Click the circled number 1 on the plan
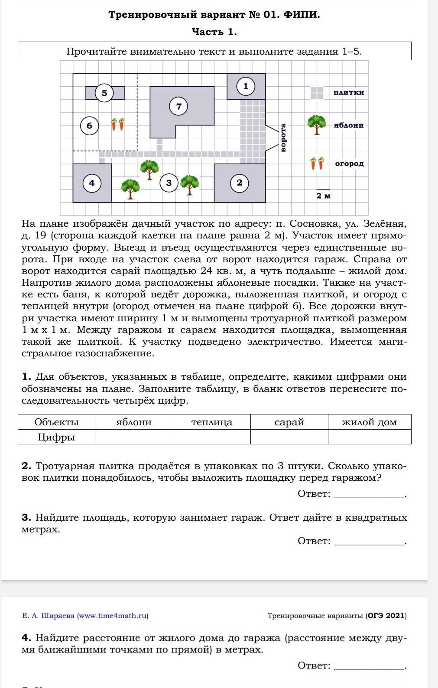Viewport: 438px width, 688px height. tap(246, 86)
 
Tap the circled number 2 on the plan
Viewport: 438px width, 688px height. tap(239, 183)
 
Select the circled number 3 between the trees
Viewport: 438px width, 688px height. tap(169, 183)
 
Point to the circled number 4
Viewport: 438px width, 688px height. tap(92, 183)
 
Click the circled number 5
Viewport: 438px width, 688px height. tap(104, 93)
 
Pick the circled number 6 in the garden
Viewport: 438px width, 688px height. tap(89, 126)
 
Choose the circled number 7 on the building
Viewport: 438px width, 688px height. tap(179, 106)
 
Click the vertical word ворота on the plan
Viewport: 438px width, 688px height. tap(283, 138)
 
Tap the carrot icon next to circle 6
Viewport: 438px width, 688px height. tap(118, 124)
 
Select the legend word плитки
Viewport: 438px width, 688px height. tap(348, 92)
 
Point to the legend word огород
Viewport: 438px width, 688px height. tap(349, 164)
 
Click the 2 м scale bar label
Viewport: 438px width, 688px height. tap(323, 196)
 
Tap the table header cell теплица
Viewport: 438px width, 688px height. tap(211, 422)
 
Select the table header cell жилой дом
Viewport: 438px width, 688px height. tap(369, 422)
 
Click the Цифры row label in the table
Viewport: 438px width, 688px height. tap(56, 437)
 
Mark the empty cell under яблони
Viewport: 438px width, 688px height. tap(134, 437)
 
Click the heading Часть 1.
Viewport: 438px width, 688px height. tap(214, 32)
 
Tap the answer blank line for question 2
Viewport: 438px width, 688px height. tap(369, 497)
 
